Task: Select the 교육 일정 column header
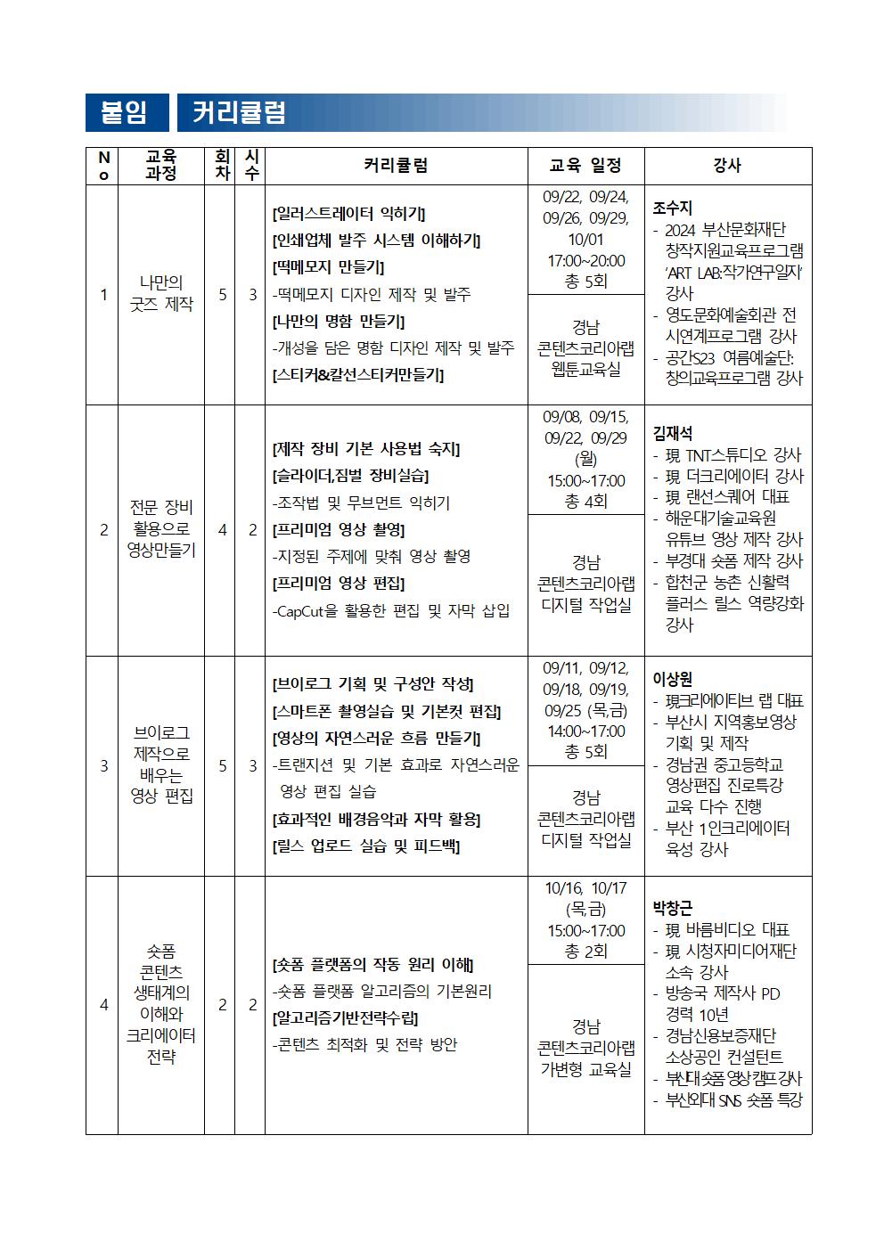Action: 585,166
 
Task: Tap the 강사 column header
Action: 727,166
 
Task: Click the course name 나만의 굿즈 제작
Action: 161,293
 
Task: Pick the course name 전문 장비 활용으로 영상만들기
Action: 161,528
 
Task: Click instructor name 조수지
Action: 672,208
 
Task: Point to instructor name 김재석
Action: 672,434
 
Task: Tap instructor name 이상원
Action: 672,680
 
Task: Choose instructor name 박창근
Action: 672,909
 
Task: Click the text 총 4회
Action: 585,502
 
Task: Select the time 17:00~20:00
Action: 585,261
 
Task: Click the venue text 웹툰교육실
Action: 585,369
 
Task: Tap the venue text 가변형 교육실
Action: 585,1068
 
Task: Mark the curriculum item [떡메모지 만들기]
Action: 328,267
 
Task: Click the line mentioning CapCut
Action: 390,610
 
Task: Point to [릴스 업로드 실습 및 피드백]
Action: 365,846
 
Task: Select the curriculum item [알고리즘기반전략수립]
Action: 345,1017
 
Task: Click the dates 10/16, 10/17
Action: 585,888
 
